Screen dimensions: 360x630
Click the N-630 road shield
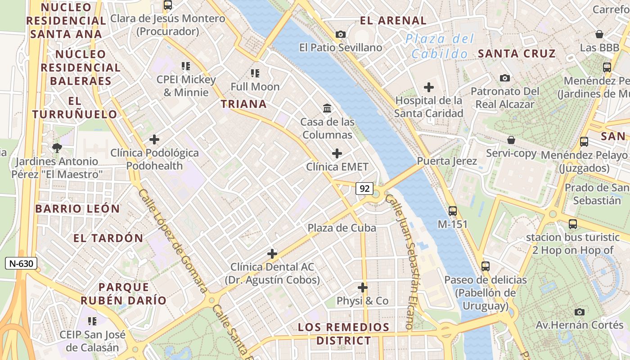pos(21,263)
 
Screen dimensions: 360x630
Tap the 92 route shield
pos(364,189)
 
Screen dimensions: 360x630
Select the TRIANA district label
pos(243,104)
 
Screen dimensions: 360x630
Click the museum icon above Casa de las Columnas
pos(327,108)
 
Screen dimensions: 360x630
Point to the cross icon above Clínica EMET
pos(337,153)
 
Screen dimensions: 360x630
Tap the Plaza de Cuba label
pos(342,228)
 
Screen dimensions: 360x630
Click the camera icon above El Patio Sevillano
pos(341,34)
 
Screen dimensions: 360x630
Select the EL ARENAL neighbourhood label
pos(393,21)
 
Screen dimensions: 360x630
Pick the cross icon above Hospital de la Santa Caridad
pos(429,87)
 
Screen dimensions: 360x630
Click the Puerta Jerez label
pos(447,161)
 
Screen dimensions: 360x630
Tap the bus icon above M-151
pos(453,211)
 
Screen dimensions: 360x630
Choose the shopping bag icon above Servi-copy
pos(511,140)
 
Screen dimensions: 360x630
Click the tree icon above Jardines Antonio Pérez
pos(57,148)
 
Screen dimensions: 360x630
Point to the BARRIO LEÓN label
pos(77,209)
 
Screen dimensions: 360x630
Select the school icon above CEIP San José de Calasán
pos(92,321)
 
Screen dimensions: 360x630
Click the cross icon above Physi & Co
pos(363,287)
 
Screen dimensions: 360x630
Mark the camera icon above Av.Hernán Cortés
pos(580,311)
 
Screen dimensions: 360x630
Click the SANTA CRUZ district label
pos(517,54)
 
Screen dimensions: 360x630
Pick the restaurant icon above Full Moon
pos(255,73)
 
